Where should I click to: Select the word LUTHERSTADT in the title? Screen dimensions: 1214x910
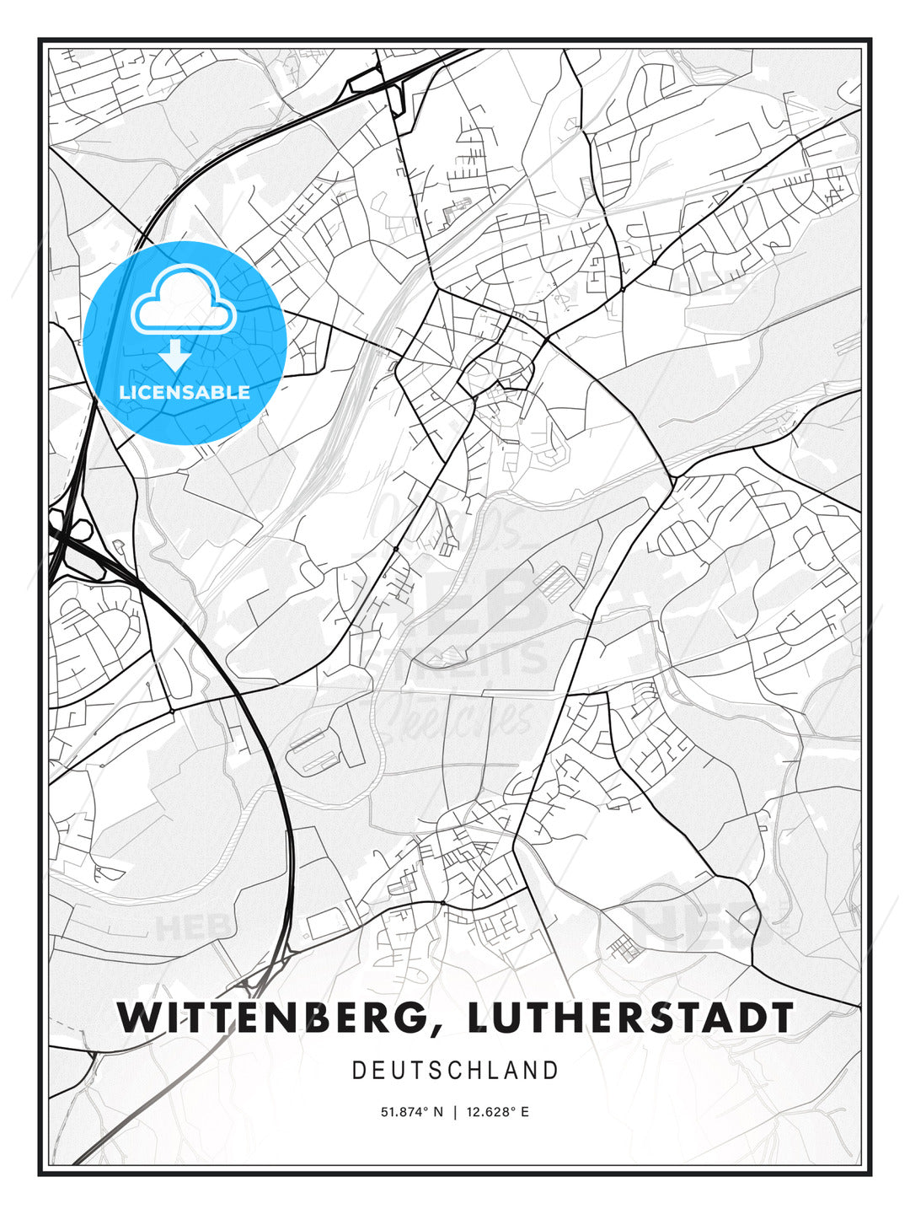(630, 1018)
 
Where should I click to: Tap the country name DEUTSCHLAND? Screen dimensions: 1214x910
(455, 1071)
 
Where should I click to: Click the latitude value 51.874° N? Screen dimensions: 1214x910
(412, 1112)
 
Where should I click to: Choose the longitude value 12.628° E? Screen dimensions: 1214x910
(497, 1112)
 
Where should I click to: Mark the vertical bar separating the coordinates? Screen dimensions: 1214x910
(455, 1112)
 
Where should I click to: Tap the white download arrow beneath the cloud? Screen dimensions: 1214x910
(175, 356)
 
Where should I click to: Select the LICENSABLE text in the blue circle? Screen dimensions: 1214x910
(185, 392)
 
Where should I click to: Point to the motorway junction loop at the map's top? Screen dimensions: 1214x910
(394, 93)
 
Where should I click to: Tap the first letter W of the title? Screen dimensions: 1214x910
(136, 1018)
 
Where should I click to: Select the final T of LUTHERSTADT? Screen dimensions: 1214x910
(780, 1018)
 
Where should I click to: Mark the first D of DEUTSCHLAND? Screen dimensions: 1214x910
(359, 1071)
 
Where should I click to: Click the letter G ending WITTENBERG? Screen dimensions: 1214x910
(422, 1018)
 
